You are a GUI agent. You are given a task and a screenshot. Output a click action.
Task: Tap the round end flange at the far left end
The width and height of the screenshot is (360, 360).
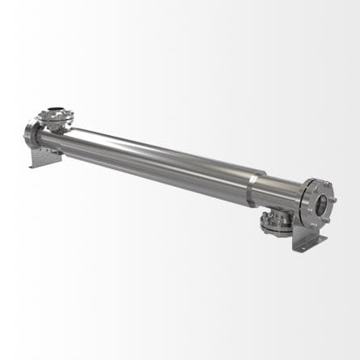pos(31,132)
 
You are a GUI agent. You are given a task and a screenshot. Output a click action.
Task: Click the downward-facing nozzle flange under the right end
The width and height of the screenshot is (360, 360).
pos(278,223)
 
